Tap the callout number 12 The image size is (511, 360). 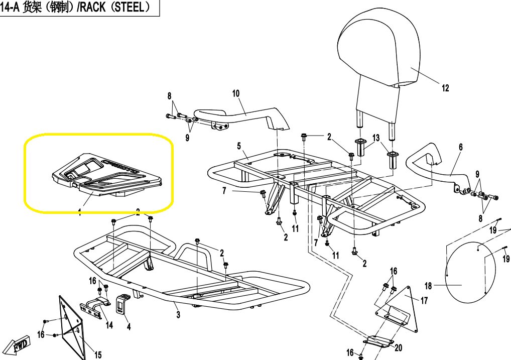tap(445, 88)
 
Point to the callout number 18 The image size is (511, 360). tap(428, 286)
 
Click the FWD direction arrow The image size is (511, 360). tap(20, 345)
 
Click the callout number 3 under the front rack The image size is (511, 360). tap(178, 315)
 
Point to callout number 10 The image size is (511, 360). tap(236, 93)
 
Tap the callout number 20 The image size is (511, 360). tap(399, 348)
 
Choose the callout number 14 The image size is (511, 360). tap(109, 325)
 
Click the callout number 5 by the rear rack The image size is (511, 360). tap(239, 146)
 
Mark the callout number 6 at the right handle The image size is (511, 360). tap(460, 147)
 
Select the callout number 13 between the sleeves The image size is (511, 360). tap(376, 138)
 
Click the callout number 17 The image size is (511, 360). tap(424, 301)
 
